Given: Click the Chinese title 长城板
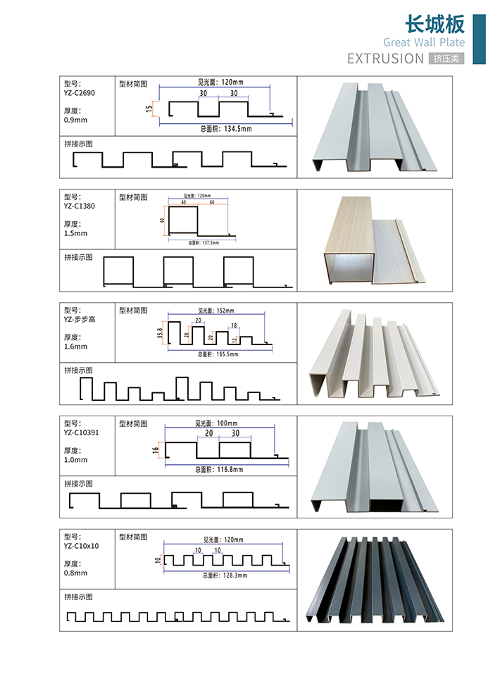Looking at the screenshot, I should [x=435, y=24].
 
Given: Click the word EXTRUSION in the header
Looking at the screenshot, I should [x=385, y=58].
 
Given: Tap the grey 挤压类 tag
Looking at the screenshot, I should [x=446, y=59].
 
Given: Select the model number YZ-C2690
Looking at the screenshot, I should [x=80, y=92].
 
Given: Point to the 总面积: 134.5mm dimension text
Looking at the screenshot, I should [x=225, y=129].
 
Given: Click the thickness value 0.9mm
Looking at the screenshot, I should [x=75, y=120].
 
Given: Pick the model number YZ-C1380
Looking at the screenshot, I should [x=80, y=206].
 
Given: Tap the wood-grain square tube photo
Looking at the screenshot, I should [x=349, y=239].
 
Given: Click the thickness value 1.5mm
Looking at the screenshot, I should [x=75, y=233].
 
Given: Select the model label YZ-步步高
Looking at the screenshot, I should [x=80, y=319].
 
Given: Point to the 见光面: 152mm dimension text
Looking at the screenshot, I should [x=215, y=310].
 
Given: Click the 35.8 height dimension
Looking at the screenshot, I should [x=161, y=331].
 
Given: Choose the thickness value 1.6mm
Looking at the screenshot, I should [x=75, y=347].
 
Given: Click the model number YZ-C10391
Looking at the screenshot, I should [x=81, y=432].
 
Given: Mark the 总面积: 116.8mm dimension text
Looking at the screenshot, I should [x=218, y=469].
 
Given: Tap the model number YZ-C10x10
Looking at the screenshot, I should [x=81, y=546].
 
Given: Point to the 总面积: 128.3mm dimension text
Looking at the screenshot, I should [x=218, y=575].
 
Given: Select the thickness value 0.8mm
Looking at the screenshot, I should [x=75, y=573].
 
